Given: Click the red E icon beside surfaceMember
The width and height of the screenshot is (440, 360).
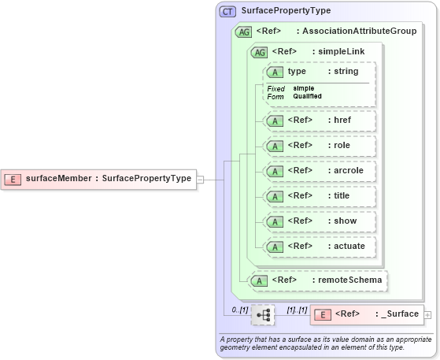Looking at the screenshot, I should pyautogui.click(x=13, y=179).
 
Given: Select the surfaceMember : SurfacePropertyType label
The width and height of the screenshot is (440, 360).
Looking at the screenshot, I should pyautogui.click(x=109, y=179).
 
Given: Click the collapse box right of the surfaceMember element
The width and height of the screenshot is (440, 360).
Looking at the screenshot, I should pyautogui.click(x=200, y=179).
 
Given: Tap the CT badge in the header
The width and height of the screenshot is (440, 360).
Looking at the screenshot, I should pyautogui.click(x=228, y=11).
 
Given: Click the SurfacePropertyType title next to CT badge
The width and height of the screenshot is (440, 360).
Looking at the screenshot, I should pyautogui.click(x=286, y=11).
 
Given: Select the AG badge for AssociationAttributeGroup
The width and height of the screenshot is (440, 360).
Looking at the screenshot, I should pyautogui.click(x=243, y=32).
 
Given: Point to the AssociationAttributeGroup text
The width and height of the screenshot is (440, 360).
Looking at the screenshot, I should pyautogui.click(x=349, y=32).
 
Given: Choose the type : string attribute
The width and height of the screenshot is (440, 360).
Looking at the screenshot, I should pyautogui.click(x=319, y=72).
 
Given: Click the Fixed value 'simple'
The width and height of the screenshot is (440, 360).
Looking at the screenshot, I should pyautogui.click(x=303, y=88).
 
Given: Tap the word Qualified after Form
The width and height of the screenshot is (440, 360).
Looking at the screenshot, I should pyautogui.click(x=307, y=96).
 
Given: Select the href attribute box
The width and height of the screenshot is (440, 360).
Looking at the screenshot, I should pyautogui.click(x=319, y=121).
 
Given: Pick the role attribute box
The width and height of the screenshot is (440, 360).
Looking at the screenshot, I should pyautogui.click(x=319, y=146).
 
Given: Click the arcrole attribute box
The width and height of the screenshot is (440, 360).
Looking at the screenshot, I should pyautogui.click(x=319, y=171).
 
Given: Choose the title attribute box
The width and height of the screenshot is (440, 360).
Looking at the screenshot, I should pyautogui.click(x=319, y=196).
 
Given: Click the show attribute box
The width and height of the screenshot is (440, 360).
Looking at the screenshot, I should pyautogui.click(x=319, y=221).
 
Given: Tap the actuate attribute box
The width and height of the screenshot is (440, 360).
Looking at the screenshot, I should pyautogui.click(x=319, y=247).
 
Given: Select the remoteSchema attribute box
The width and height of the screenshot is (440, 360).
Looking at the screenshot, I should pyautogui.click(x=319, y=280).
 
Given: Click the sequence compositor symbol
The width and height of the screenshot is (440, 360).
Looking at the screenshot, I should pyautogui.click(x=263, y=315).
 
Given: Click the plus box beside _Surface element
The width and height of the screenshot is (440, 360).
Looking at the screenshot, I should pyautogui.click(x=427, y=315).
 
